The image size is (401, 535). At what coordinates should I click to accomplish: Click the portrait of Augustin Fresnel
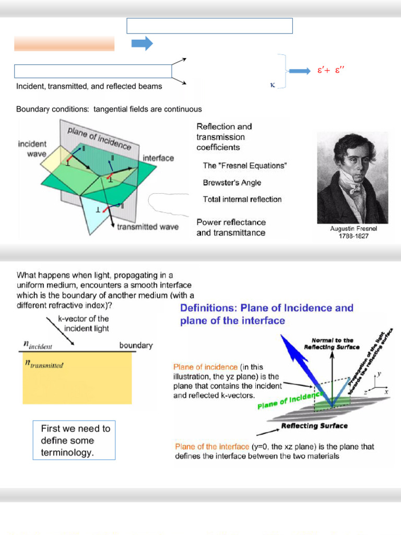coord(352,178)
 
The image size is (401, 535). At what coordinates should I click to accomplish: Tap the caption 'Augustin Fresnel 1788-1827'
coord(352,232)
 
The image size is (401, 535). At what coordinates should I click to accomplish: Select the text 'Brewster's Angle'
coord(232,183)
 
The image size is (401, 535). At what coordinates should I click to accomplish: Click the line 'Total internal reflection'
coord(242,199)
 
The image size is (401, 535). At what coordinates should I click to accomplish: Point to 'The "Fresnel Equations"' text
coord(245,166)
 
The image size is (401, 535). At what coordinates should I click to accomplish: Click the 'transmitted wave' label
coord(147,227)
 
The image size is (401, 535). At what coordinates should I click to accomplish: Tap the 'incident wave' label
coord(32,148)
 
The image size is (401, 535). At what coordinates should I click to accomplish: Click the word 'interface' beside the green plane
coord(158,158)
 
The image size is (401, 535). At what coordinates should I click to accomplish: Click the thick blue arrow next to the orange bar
coord(141,43)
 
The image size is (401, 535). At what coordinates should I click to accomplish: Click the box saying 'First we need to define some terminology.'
coord(74,440)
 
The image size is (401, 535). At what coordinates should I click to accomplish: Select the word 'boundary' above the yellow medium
coord(136,345)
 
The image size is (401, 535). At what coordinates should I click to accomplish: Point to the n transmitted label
coord(44,364)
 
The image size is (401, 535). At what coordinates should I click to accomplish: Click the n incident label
coord(39,345)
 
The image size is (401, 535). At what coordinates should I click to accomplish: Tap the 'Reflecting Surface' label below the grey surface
coord(314,426)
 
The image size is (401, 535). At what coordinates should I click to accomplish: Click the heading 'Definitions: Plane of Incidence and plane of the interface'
coord(267,314)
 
